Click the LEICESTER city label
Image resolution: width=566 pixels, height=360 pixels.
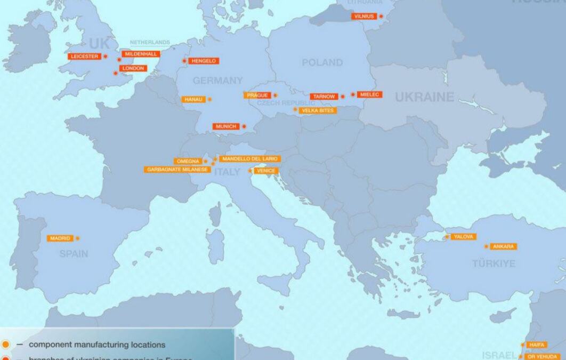(85, 56)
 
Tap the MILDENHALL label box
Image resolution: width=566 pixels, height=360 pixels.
(141, 54)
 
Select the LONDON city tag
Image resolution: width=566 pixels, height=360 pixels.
(132, 68)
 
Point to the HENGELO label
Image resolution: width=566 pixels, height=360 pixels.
(204, 61)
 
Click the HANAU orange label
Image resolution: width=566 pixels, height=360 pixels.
(193, 99)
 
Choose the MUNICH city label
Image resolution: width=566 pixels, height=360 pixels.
(227, 126)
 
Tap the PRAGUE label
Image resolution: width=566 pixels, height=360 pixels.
(257, 95)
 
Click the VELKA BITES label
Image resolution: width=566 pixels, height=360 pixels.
(318, 110)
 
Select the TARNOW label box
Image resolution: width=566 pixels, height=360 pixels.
(324, 97)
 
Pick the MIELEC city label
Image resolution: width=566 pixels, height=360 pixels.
(369, 94)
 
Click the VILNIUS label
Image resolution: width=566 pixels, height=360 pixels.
(364, 17)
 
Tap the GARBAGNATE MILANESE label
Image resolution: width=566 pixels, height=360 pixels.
(177, 170)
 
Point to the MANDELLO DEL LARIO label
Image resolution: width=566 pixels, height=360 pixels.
(249, 159)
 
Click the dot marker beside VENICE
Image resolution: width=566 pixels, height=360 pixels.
(250, 171)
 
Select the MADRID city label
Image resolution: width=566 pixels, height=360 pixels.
(60, 238)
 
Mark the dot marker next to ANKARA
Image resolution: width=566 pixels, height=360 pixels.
(486, 246)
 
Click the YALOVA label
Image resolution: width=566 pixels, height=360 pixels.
(463, 236)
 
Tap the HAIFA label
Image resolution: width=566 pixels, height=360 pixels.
(537, 345)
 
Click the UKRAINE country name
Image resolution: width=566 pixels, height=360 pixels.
(424, 97)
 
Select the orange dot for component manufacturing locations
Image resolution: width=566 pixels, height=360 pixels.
(5, 345)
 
